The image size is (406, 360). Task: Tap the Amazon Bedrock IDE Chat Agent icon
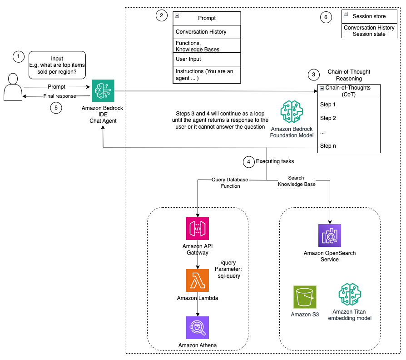coord(103,91)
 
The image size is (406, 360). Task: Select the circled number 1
coord(18,57)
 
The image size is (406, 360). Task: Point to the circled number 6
coord(325,17)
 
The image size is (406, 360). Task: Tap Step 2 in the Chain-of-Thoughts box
coord(328,118)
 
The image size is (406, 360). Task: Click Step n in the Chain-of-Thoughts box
coord(328,146)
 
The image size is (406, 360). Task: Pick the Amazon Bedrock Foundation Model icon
coord(292,112)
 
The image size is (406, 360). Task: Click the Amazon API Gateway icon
coord(198,229)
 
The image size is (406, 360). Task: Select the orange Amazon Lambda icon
coord(198,280)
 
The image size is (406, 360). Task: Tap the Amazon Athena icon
coord(198,328)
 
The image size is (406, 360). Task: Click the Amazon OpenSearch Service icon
coord(329,235)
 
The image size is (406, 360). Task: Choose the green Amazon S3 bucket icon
coord(305,297)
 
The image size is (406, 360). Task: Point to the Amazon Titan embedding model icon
coord(349,294)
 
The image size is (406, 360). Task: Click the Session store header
coord(369,16)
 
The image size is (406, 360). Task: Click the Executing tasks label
coord(275,161)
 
